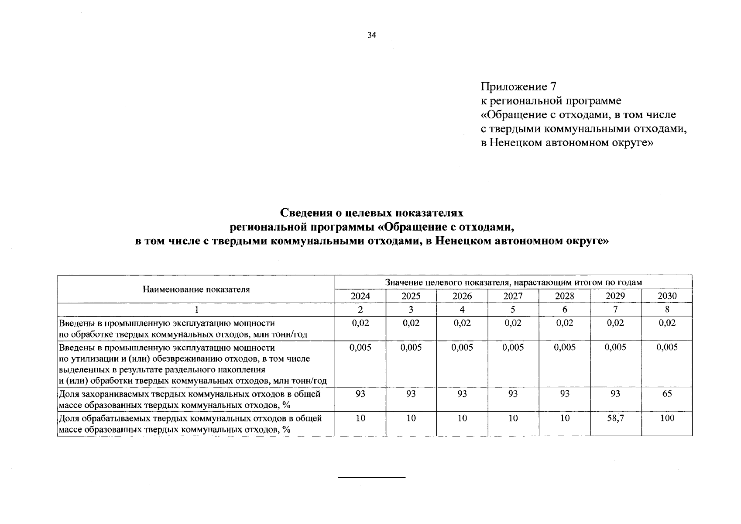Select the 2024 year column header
(360, 296)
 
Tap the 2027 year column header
(513, 296)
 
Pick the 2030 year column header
(667, 296)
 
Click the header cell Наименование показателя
(196, 289)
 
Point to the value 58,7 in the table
(615, 418)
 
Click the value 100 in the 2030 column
(667, 418)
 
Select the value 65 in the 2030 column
(667, 394)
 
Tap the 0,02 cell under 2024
(360, 323)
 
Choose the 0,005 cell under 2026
(462, 348)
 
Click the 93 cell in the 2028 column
(564, 394)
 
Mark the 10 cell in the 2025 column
(411, 418)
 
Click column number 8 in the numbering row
(667, 310)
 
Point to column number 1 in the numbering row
(196, 310)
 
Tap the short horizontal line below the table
(372, 477)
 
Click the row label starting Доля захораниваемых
(189, 400)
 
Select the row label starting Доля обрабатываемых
(190, 424)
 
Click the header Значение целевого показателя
(513, 282)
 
